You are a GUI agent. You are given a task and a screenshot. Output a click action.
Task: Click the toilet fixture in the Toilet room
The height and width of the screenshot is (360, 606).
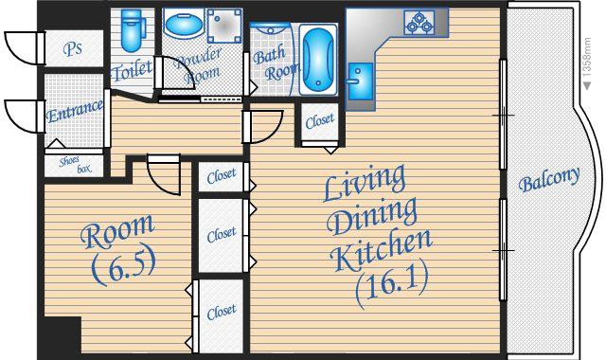[132, 30]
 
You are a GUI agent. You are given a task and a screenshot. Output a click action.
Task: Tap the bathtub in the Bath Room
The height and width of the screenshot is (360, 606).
[318, 60]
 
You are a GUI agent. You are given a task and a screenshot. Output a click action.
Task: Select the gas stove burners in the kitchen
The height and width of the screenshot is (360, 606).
[419, 23]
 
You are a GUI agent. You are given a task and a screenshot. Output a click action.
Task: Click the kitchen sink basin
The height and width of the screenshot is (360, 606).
[360, 82]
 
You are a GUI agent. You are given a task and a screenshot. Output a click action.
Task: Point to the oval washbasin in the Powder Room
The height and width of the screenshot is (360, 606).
[184, 24]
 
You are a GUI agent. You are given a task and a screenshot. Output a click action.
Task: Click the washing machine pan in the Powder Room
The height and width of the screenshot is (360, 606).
[224, 26]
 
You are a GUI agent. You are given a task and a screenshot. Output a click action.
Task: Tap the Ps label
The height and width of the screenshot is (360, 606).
[73, 48]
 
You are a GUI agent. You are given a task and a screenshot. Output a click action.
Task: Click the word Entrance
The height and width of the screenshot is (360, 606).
[74, 111]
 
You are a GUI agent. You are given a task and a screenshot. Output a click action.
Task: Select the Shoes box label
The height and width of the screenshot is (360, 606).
[75, 165]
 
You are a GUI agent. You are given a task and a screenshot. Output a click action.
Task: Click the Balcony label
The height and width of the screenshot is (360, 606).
[549, 179]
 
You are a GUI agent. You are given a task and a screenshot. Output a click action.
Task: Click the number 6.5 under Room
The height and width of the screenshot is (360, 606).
[124, 266]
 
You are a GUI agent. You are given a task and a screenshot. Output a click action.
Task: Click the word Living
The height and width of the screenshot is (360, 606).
[365, 183]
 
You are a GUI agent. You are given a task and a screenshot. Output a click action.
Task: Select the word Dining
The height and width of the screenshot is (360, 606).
[372, 216]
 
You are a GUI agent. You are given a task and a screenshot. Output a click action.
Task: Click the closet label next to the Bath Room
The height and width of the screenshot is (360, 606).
[320, 121]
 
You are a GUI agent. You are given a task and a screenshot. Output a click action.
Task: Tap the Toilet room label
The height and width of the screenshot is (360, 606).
[132, 70]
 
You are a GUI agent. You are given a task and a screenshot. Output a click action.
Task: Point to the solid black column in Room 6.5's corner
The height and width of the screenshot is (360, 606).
[62, 335]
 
